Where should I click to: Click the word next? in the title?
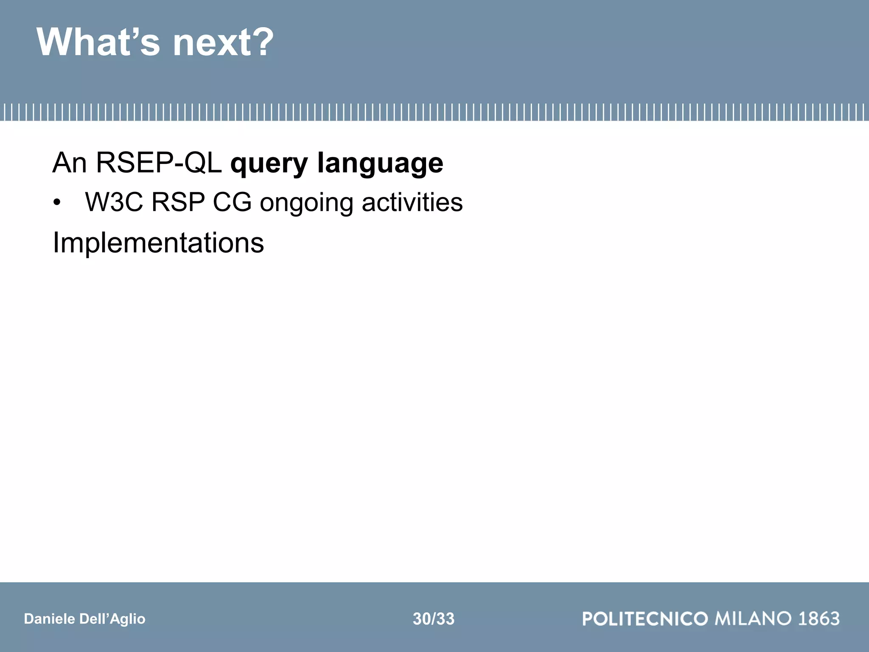tap(223, 42)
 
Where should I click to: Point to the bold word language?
tap(380, 164)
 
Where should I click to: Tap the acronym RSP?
tap(178, 202)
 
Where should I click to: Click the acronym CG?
tap(232, 202)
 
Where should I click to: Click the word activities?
tap(412, 202)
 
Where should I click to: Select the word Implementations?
tap(158, 243)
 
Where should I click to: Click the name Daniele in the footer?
tap(49, 619)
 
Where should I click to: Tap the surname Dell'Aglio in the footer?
tap(112, 619)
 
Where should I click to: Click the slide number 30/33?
tap(434, 619)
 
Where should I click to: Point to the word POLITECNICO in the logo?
tap(645, 619)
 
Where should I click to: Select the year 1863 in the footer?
tap(819, 619)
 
